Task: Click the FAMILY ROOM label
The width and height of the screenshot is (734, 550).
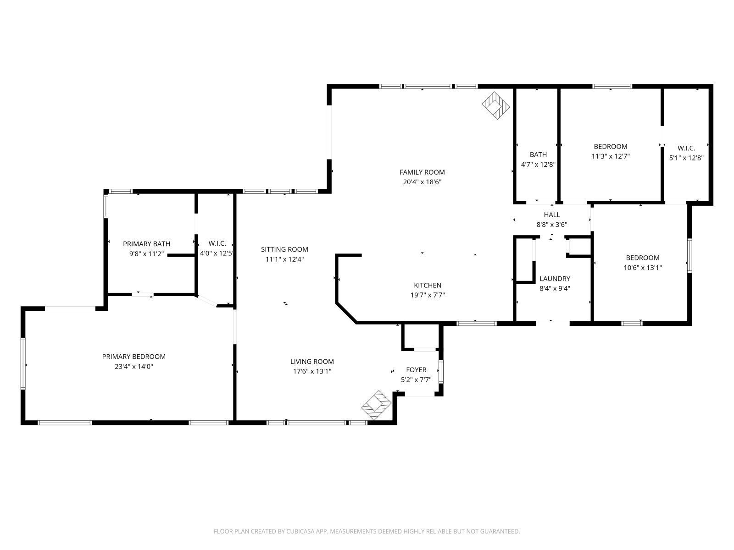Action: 422,172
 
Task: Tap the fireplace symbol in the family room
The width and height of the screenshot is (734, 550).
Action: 495,105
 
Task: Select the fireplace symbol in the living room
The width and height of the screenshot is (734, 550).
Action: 377,406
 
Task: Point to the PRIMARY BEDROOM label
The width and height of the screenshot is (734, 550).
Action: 134,356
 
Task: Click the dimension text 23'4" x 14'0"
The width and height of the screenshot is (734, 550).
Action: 134,366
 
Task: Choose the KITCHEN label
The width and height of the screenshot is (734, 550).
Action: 428,285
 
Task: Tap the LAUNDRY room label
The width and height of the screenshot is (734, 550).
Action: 555,279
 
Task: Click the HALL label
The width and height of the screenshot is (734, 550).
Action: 552,214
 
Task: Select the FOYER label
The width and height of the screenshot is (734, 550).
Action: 416,370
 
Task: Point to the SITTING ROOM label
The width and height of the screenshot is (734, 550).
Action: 284,249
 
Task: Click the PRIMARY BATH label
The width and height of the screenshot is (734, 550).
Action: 146,244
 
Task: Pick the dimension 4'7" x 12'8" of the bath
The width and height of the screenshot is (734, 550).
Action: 538,164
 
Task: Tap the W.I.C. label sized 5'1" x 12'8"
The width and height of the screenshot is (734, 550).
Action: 686,148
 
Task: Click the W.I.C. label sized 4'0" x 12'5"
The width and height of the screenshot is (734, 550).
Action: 217,243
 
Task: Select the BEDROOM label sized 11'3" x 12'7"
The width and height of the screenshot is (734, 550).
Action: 610,146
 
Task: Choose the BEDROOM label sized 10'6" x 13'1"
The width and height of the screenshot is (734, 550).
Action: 642,258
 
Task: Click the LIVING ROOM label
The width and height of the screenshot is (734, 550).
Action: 312,361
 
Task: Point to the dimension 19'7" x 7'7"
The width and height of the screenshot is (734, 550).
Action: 428,295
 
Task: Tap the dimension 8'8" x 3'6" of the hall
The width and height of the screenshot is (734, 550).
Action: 552,225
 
